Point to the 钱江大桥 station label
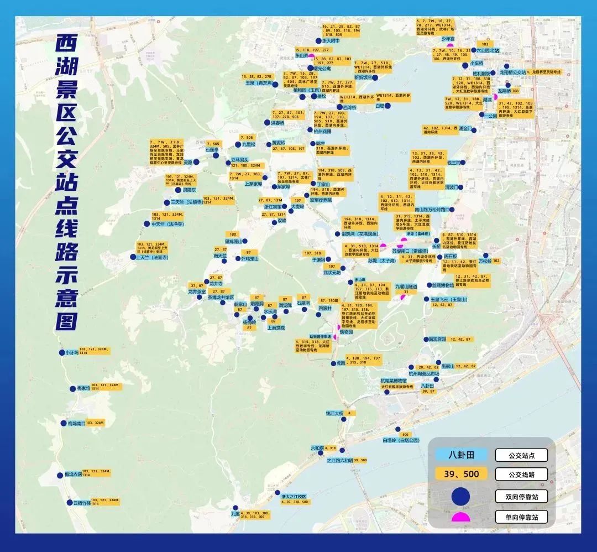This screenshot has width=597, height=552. tap(334, 413)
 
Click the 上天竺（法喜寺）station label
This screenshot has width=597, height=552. tap(151, 257)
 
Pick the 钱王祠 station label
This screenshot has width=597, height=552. tap(457, 163)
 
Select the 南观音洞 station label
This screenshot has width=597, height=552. tap(435, 339)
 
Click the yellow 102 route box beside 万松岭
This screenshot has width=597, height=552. tap(496, 261)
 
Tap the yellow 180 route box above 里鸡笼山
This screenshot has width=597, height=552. tap(233, 234)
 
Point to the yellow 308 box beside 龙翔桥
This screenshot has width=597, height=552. tap(515, 91)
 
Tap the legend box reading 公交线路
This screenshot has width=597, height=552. tap(521, 474)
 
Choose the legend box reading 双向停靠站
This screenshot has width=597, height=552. tap(521, 496)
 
